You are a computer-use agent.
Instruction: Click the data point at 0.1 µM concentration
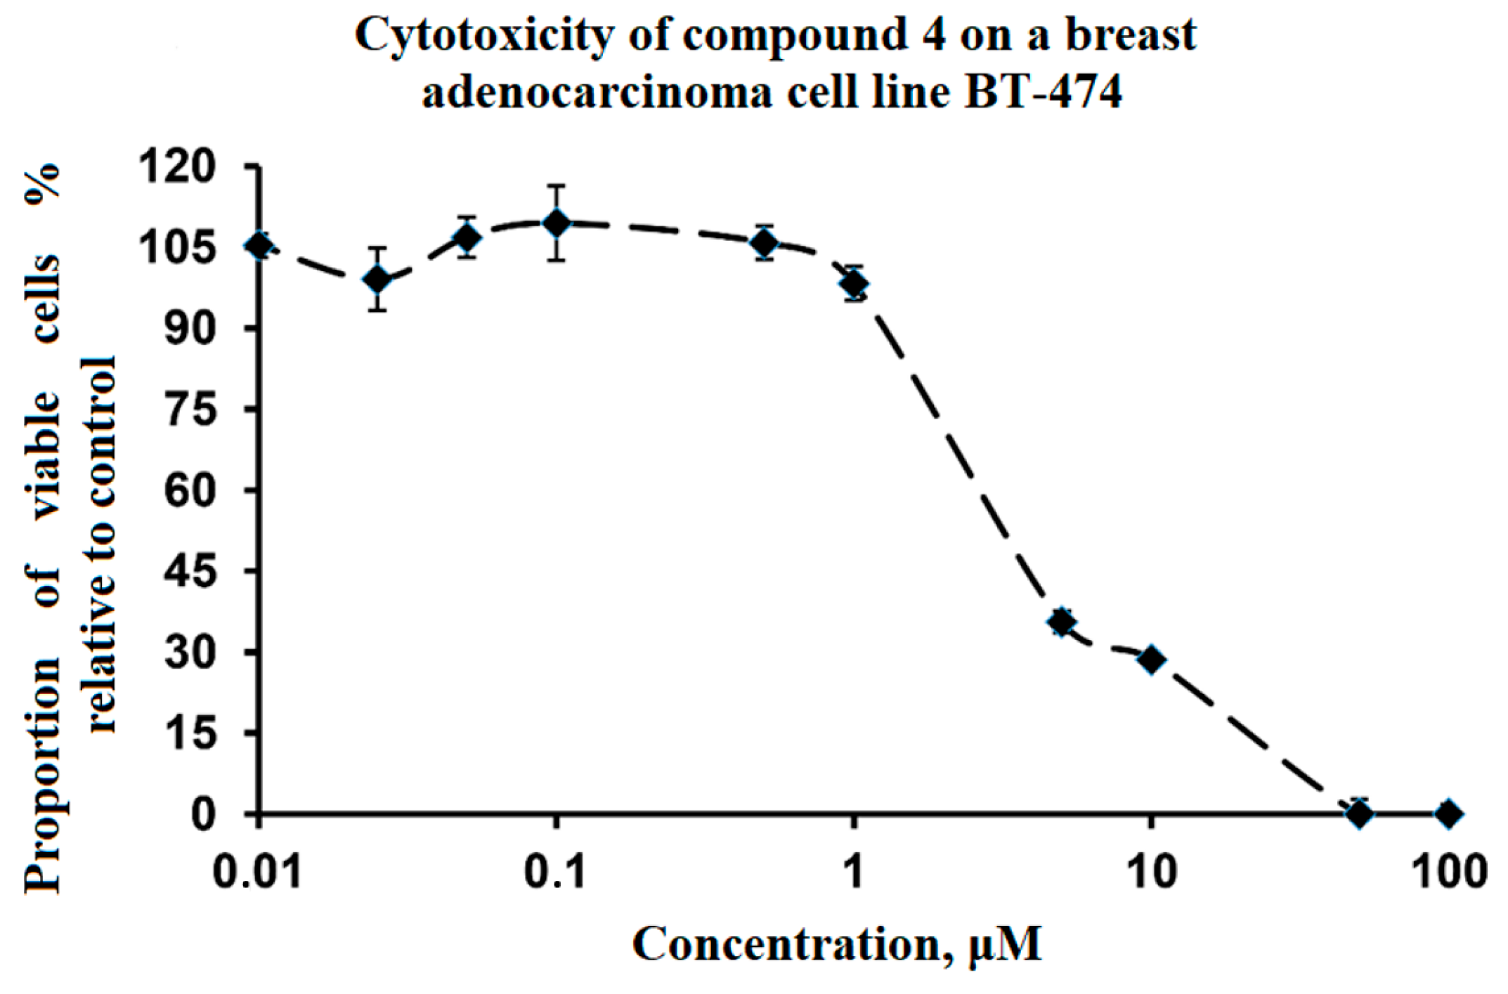point(557,223)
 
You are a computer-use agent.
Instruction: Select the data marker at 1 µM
point(854,284)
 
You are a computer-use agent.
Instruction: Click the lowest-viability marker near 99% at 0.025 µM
point(379,280)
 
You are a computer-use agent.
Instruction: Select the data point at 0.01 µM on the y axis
point(260,246)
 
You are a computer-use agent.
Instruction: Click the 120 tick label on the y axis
point(176,167)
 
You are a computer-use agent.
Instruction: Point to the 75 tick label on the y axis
point(188,410)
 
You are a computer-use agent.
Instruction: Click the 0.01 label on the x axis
point(257,872)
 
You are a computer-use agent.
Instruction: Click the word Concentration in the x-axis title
point(786,946)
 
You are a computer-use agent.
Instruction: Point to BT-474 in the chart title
point(1044,92)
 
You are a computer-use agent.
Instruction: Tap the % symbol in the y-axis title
point(42,183)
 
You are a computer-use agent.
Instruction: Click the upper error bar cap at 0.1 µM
point(557,186)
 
